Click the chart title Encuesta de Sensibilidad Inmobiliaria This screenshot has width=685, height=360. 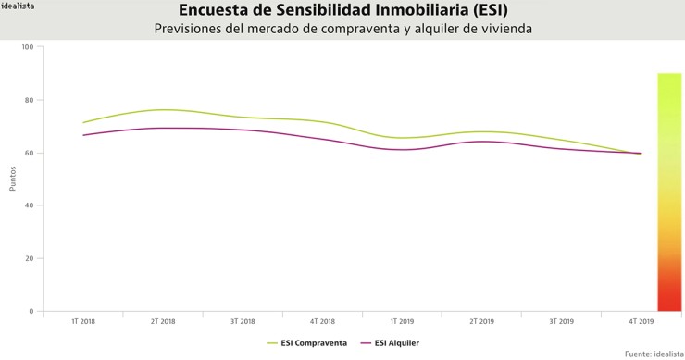(342, 11)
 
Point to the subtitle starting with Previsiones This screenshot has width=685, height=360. (342, 29)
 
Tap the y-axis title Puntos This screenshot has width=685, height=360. (13, 179)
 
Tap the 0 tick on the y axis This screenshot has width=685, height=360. (31, 311)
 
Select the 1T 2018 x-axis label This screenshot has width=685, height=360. (83, 322)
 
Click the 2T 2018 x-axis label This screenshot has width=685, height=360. (163, 322)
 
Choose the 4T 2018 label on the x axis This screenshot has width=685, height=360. (322, 322)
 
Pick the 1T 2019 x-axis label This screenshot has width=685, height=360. (402, 322)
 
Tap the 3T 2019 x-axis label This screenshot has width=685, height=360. (561, 322)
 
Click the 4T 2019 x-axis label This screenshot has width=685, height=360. (641, 322)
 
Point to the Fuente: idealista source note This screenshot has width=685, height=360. (654, 354)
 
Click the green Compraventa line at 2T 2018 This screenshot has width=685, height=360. (163, 110)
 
